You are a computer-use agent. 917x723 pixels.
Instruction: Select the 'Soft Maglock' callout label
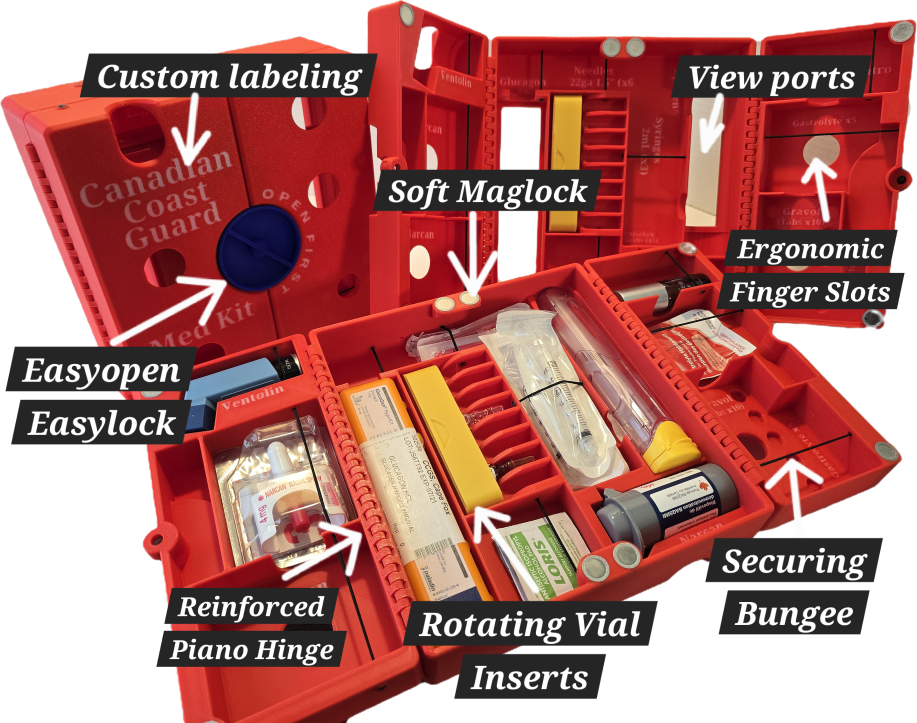click(x=487, y=191)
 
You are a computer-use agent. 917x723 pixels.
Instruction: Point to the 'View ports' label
click(x=771, y=78)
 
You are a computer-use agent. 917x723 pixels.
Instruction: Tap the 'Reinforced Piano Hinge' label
click(x=252, y=628)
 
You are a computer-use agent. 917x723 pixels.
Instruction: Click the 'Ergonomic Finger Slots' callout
click(x=810, y=270)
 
